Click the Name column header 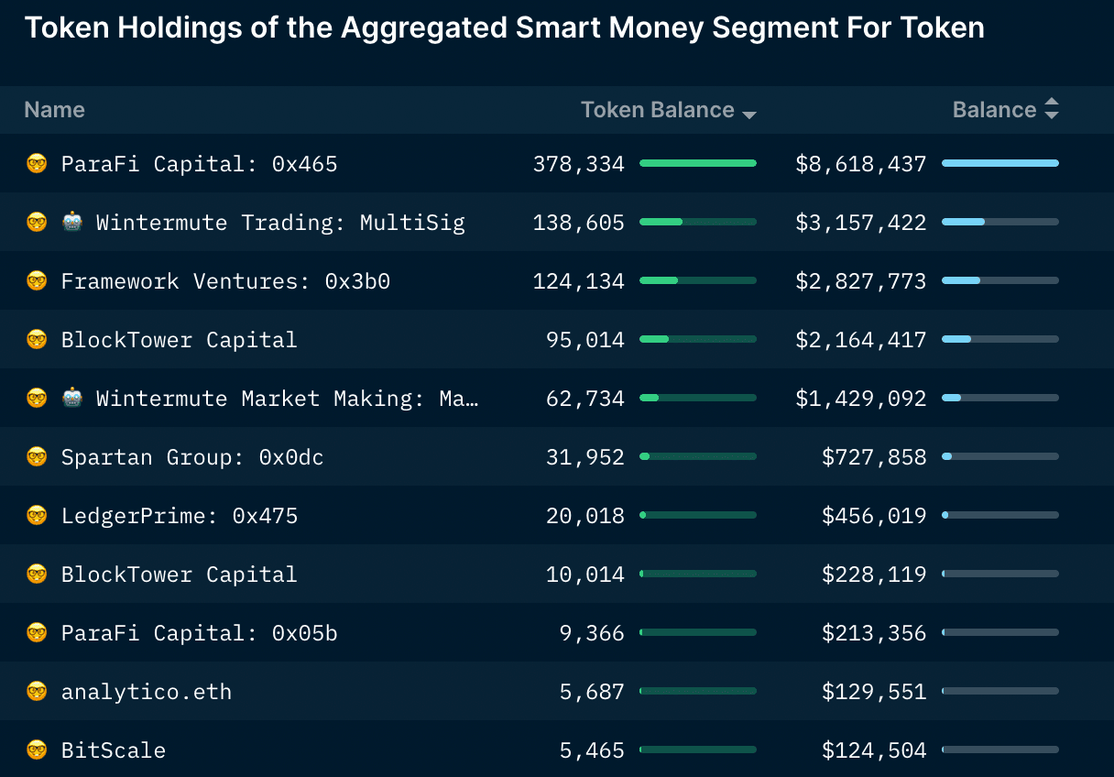[54, 110]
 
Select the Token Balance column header [657, 110]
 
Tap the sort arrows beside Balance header [1051, 109]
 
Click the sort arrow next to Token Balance [749, 115]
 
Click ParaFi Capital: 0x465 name [199, 164]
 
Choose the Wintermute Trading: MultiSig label [280, 223]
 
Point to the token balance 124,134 [578, 281]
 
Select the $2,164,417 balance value [860, 340]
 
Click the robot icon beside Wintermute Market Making [72, 399]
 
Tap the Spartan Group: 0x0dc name [191, 457]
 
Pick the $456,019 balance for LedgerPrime [873, 516]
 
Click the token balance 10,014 [584, 575]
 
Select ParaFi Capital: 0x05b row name [199, 633]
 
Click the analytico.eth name [146, 692]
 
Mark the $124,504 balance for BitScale [873, 750]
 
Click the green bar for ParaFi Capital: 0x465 [698, 163]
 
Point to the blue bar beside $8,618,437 [999, 163]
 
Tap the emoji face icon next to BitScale [37, 750]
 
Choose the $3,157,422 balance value [860, 223]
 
